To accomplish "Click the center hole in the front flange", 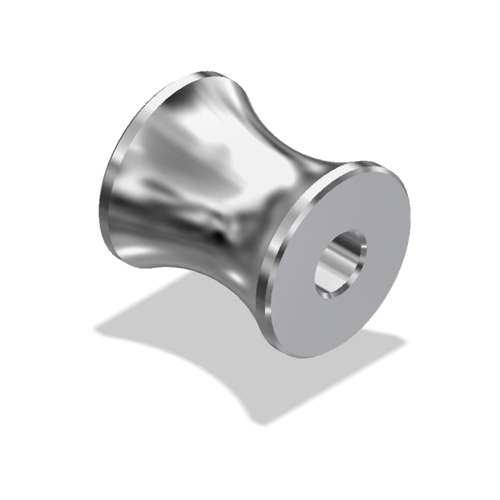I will click(341, 261).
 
